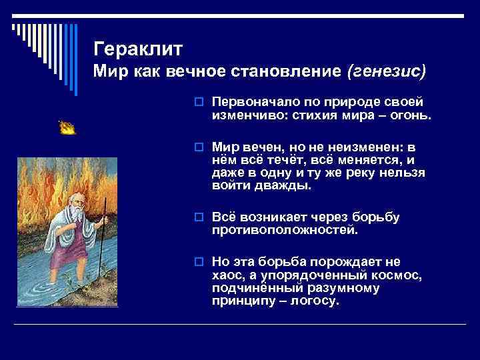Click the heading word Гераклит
point(138,49)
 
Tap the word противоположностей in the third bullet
point(285,230)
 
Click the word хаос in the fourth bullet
point(228,275)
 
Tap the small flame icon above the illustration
point(67,128)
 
